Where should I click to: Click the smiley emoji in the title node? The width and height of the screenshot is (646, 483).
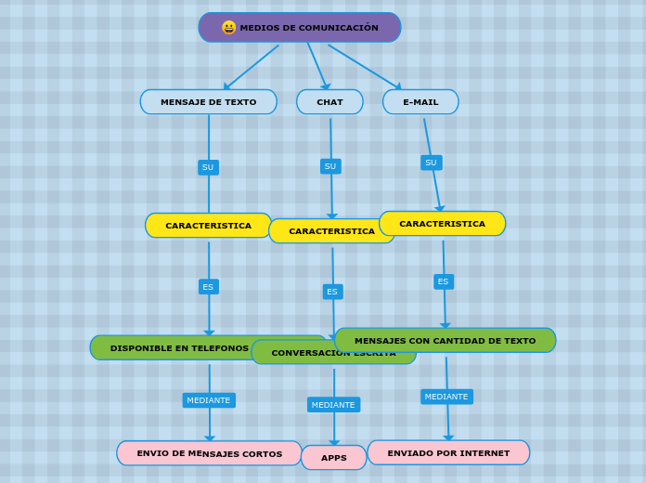(228, 28)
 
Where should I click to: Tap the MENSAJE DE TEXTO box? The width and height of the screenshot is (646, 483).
(208, 102)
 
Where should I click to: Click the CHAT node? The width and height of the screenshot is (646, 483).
(329, 102)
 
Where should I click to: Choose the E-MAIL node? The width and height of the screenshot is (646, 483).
(420, 102)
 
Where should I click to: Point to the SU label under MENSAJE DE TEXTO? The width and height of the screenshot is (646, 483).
(208, 167)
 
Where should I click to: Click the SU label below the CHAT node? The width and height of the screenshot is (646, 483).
(330, 166)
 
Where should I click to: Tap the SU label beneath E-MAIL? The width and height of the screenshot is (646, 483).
(431, 163)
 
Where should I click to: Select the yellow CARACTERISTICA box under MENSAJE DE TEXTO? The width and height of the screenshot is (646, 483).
(208, 226)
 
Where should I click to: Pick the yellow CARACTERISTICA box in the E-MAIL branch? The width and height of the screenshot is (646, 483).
(442, 224)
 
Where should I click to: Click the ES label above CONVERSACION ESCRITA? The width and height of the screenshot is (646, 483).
(332, 292)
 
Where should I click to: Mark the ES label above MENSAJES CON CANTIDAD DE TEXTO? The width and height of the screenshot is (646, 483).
(443, 281)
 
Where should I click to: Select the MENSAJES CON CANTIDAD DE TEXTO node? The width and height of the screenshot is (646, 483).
(445, 340)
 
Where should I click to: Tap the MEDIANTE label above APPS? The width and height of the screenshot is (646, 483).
(333, 405)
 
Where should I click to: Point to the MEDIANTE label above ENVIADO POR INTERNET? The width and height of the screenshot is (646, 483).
(446, 397)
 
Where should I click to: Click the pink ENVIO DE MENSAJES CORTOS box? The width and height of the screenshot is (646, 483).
(209, 453)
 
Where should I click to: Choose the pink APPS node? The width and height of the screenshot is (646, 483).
(334, 458)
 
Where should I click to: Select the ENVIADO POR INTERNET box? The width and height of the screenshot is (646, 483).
(448, 453)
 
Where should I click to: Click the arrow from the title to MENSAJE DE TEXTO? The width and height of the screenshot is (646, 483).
(251, 68)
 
